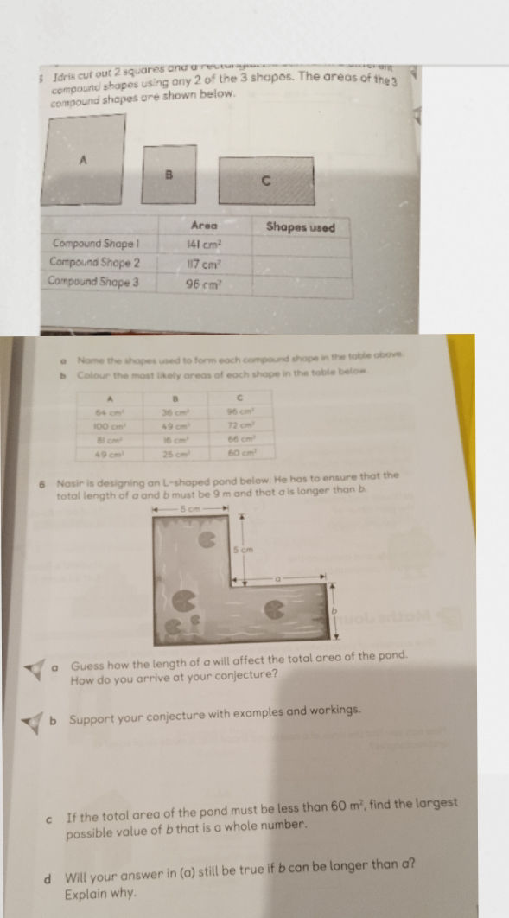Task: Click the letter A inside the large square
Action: pyautogui.click(x=84, y=160)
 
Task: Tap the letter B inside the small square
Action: pyautogui.click(x=170, y=173)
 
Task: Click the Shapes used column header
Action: pyautogui.click(x=300, y=226)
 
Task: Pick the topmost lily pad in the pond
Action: pyautogui.click(x=207, y=540)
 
